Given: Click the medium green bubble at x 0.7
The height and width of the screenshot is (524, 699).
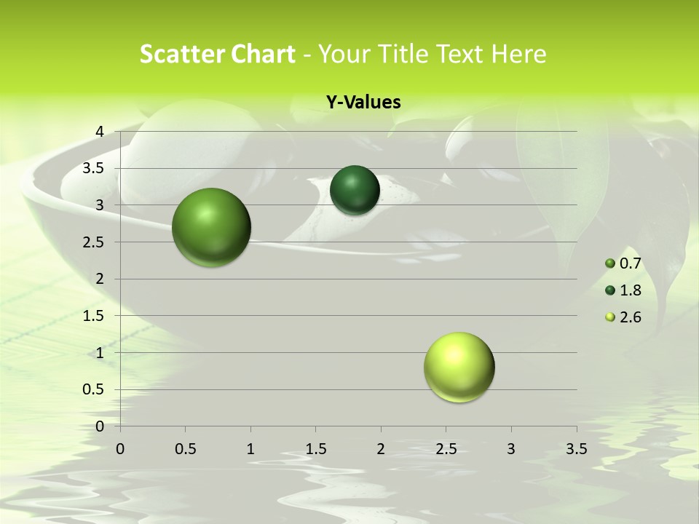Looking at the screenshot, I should tap(211, 227).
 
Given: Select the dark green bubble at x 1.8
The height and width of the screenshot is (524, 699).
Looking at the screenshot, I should tap(355, 190).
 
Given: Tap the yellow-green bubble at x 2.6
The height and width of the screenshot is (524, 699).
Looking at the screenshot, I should tap(459, 367).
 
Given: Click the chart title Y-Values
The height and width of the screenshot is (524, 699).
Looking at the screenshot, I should tap(363, 103).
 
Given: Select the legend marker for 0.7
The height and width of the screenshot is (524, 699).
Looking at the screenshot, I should tap(610, 263).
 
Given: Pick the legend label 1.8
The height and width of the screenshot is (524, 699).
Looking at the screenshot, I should tap(631, 290).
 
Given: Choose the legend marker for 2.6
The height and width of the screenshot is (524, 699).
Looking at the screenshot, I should tap(610, 317).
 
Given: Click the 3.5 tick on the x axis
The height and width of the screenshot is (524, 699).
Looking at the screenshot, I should tap(576, 449).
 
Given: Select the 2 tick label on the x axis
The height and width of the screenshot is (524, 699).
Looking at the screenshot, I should tap(381, 449).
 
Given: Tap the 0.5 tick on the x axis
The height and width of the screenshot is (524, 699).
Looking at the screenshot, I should tap(186, 449).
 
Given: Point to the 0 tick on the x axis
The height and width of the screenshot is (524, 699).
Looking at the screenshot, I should tap(121, 449).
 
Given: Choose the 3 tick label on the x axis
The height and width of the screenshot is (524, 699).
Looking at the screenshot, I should tap(510, 449).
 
